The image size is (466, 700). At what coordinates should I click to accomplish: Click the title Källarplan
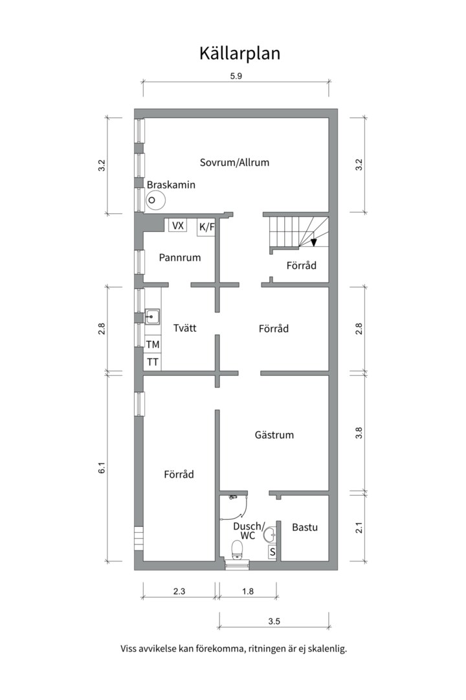tap(239, 53)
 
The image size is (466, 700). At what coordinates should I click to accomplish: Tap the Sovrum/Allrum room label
tap(234, 163)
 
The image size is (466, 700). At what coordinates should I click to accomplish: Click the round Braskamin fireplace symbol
tap(155, 200)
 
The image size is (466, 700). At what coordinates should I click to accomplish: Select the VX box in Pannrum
tap(177, 226)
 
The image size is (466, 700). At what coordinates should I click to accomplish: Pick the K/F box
tap(206, 227)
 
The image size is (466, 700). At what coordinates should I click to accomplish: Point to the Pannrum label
tap(180, 257)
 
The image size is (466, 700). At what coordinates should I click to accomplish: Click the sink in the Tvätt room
tap(152, 316)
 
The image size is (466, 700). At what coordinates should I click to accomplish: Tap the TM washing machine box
tap(153, 345)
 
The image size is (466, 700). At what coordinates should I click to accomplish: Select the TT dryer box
tap(153, 362)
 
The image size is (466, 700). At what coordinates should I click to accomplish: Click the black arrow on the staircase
tap(314, 242)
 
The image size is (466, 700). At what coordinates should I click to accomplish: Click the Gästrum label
tap(274, 435)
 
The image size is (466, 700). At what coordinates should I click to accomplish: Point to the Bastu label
tap(305, 527)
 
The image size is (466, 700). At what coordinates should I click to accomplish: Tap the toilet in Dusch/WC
tap(237, 550)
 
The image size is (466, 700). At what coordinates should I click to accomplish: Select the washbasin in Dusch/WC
tap(270, 534)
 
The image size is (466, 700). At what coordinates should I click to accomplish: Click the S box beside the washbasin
tap(272, 552)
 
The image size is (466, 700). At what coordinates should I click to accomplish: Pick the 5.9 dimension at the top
tap(236, 76)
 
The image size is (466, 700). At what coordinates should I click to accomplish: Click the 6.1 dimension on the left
tap(102, 468)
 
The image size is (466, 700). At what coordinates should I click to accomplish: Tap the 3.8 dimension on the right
tap(359, 433)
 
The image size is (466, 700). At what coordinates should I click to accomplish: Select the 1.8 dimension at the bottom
tap(248, 592)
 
